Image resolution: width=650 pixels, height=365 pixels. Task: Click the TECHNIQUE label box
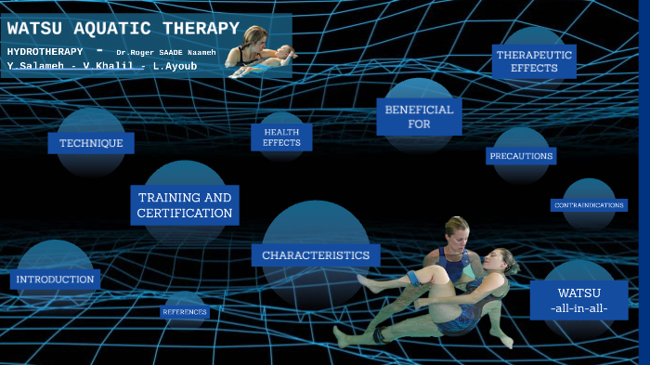click(x=91, y=143)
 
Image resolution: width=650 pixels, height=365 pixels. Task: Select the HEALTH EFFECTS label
click(x=281, y=137)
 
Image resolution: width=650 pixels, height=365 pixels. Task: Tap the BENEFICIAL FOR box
click(x=419, y=117)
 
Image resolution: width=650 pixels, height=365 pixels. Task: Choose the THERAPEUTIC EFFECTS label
click(x=534, y=61)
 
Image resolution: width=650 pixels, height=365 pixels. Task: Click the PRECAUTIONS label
click(x=521, y=156)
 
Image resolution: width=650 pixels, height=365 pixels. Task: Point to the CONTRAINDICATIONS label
click(x=589, y=204)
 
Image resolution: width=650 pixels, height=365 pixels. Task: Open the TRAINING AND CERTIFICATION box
click(x=185, y=205)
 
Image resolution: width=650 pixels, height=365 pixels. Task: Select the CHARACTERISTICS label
click(x=316, y=254)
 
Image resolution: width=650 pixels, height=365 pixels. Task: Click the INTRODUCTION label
click(x=55, y=279)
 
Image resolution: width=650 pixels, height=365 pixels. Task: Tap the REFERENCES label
click(x=185, y=312)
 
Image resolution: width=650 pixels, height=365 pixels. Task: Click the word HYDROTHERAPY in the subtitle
click(x=45, y=51)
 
